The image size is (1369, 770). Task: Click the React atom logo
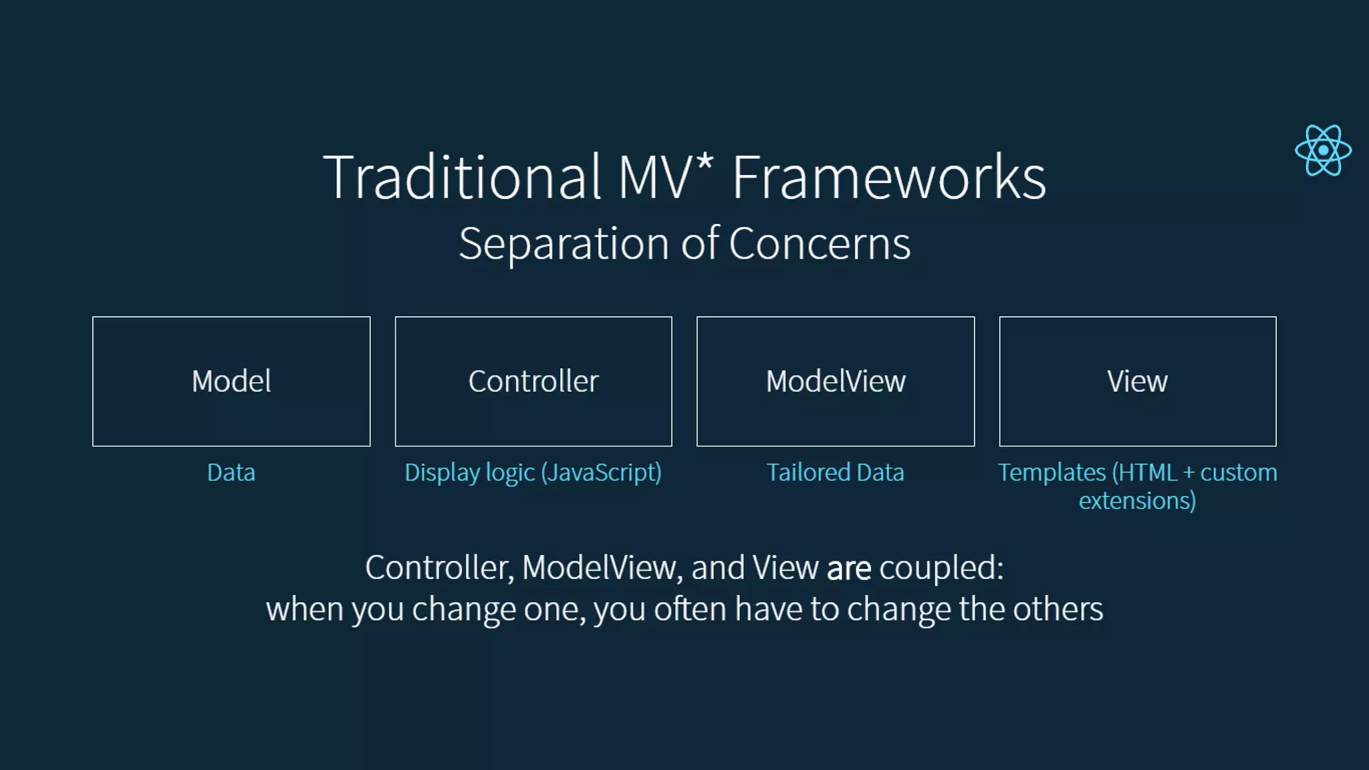[x=1323, y=150]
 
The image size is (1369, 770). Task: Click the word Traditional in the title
[x=462, y=177]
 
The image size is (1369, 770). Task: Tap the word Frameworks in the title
[x=889, y=177]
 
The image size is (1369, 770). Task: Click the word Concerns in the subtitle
[x=820, y=243]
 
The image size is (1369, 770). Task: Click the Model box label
[x=231, y=382]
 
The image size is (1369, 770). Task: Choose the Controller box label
[x=533, y=382]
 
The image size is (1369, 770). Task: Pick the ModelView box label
[x=836, y=382]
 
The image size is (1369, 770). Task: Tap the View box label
[x=1137, y=382]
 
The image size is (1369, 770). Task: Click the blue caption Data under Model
[x=231, y=473]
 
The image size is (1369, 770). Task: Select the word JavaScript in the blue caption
[x=601, y=473]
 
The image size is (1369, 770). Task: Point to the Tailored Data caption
[x=835, y=473]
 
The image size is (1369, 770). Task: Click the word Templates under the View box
[x=1052, y=473]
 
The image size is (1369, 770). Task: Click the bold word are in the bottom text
[x=849, y=569]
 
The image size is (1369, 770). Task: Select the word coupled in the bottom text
[x=941, y=569]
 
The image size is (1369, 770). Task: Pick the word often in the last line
[x=690, y=609]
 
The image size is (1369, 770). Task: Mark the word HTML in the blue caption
[x=1148, y=473]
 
